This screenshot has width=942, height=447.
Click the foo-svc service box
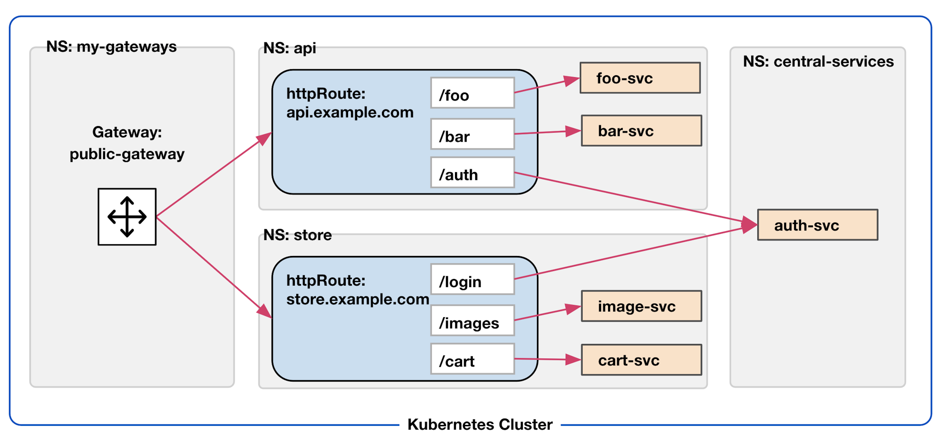coord(640,78)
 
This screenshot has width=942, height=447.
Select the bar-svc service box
coord(641,131)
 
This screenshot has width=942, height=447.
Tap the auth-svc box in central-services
coord(817,225)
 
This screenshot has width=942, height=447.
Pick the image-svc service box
coord(641,306)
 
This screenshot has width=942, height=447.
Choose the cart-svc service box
coord(641,360)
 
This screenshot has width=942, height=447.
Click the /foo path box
coord(472,93)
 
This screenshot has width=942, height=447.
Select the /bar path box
coord(472,135)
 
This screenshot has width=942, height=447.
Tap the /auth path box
coord(472,173)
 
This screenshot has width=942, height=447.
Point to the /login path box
coord(472,279)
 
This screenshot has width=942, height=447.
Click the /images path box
coord(472,321)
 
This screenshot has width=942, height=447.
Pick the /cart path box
coord(472,359)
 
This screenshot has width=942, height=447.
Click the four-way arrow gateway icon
coord(127,217)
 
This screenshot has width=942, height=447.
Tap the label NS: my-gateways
coord(111,47)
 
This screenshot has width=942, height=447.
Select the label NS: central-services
coord(818,62)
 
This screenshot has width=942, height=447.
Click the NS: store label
coord(297,235)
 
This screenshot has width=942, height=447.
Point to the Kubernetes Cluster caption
coord(479,424)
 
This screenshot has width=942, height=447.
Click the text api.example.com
coord(349,112)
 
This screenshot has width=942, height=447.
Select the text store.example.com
coord(357,299)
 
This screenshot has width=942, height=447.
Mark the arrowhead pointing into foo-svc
coord(572,81)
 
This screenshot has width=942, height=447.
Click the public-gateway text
coord(127,154)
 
